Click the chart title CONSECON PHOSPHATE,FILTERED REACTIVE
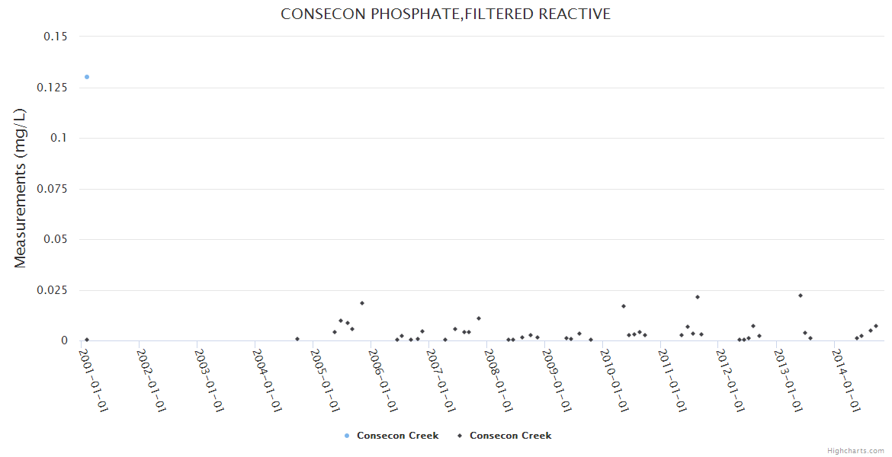coord(445,14)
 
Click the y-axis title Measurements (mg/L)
coord(21,188)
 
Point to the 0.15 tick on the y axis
coord(56,37)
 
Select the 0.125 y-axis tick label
coord(52,88)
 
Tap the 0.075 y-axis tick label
coord(52,189)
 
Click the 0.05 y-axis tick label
coord(56,239)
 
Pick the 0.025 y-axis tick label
coord(52,290)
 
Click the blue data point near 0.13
coord(87,77)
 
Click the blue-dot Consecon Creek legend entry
coord(391,436)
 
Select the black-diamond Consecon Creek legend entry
coord(504,436)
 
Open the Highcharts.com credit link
coord(855,450)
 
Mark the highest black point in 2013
coord(801,296)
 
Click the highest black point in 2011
coord(698,297)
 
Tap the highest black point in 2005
coord(362,303)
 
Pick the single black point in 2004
coord(297,339)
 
